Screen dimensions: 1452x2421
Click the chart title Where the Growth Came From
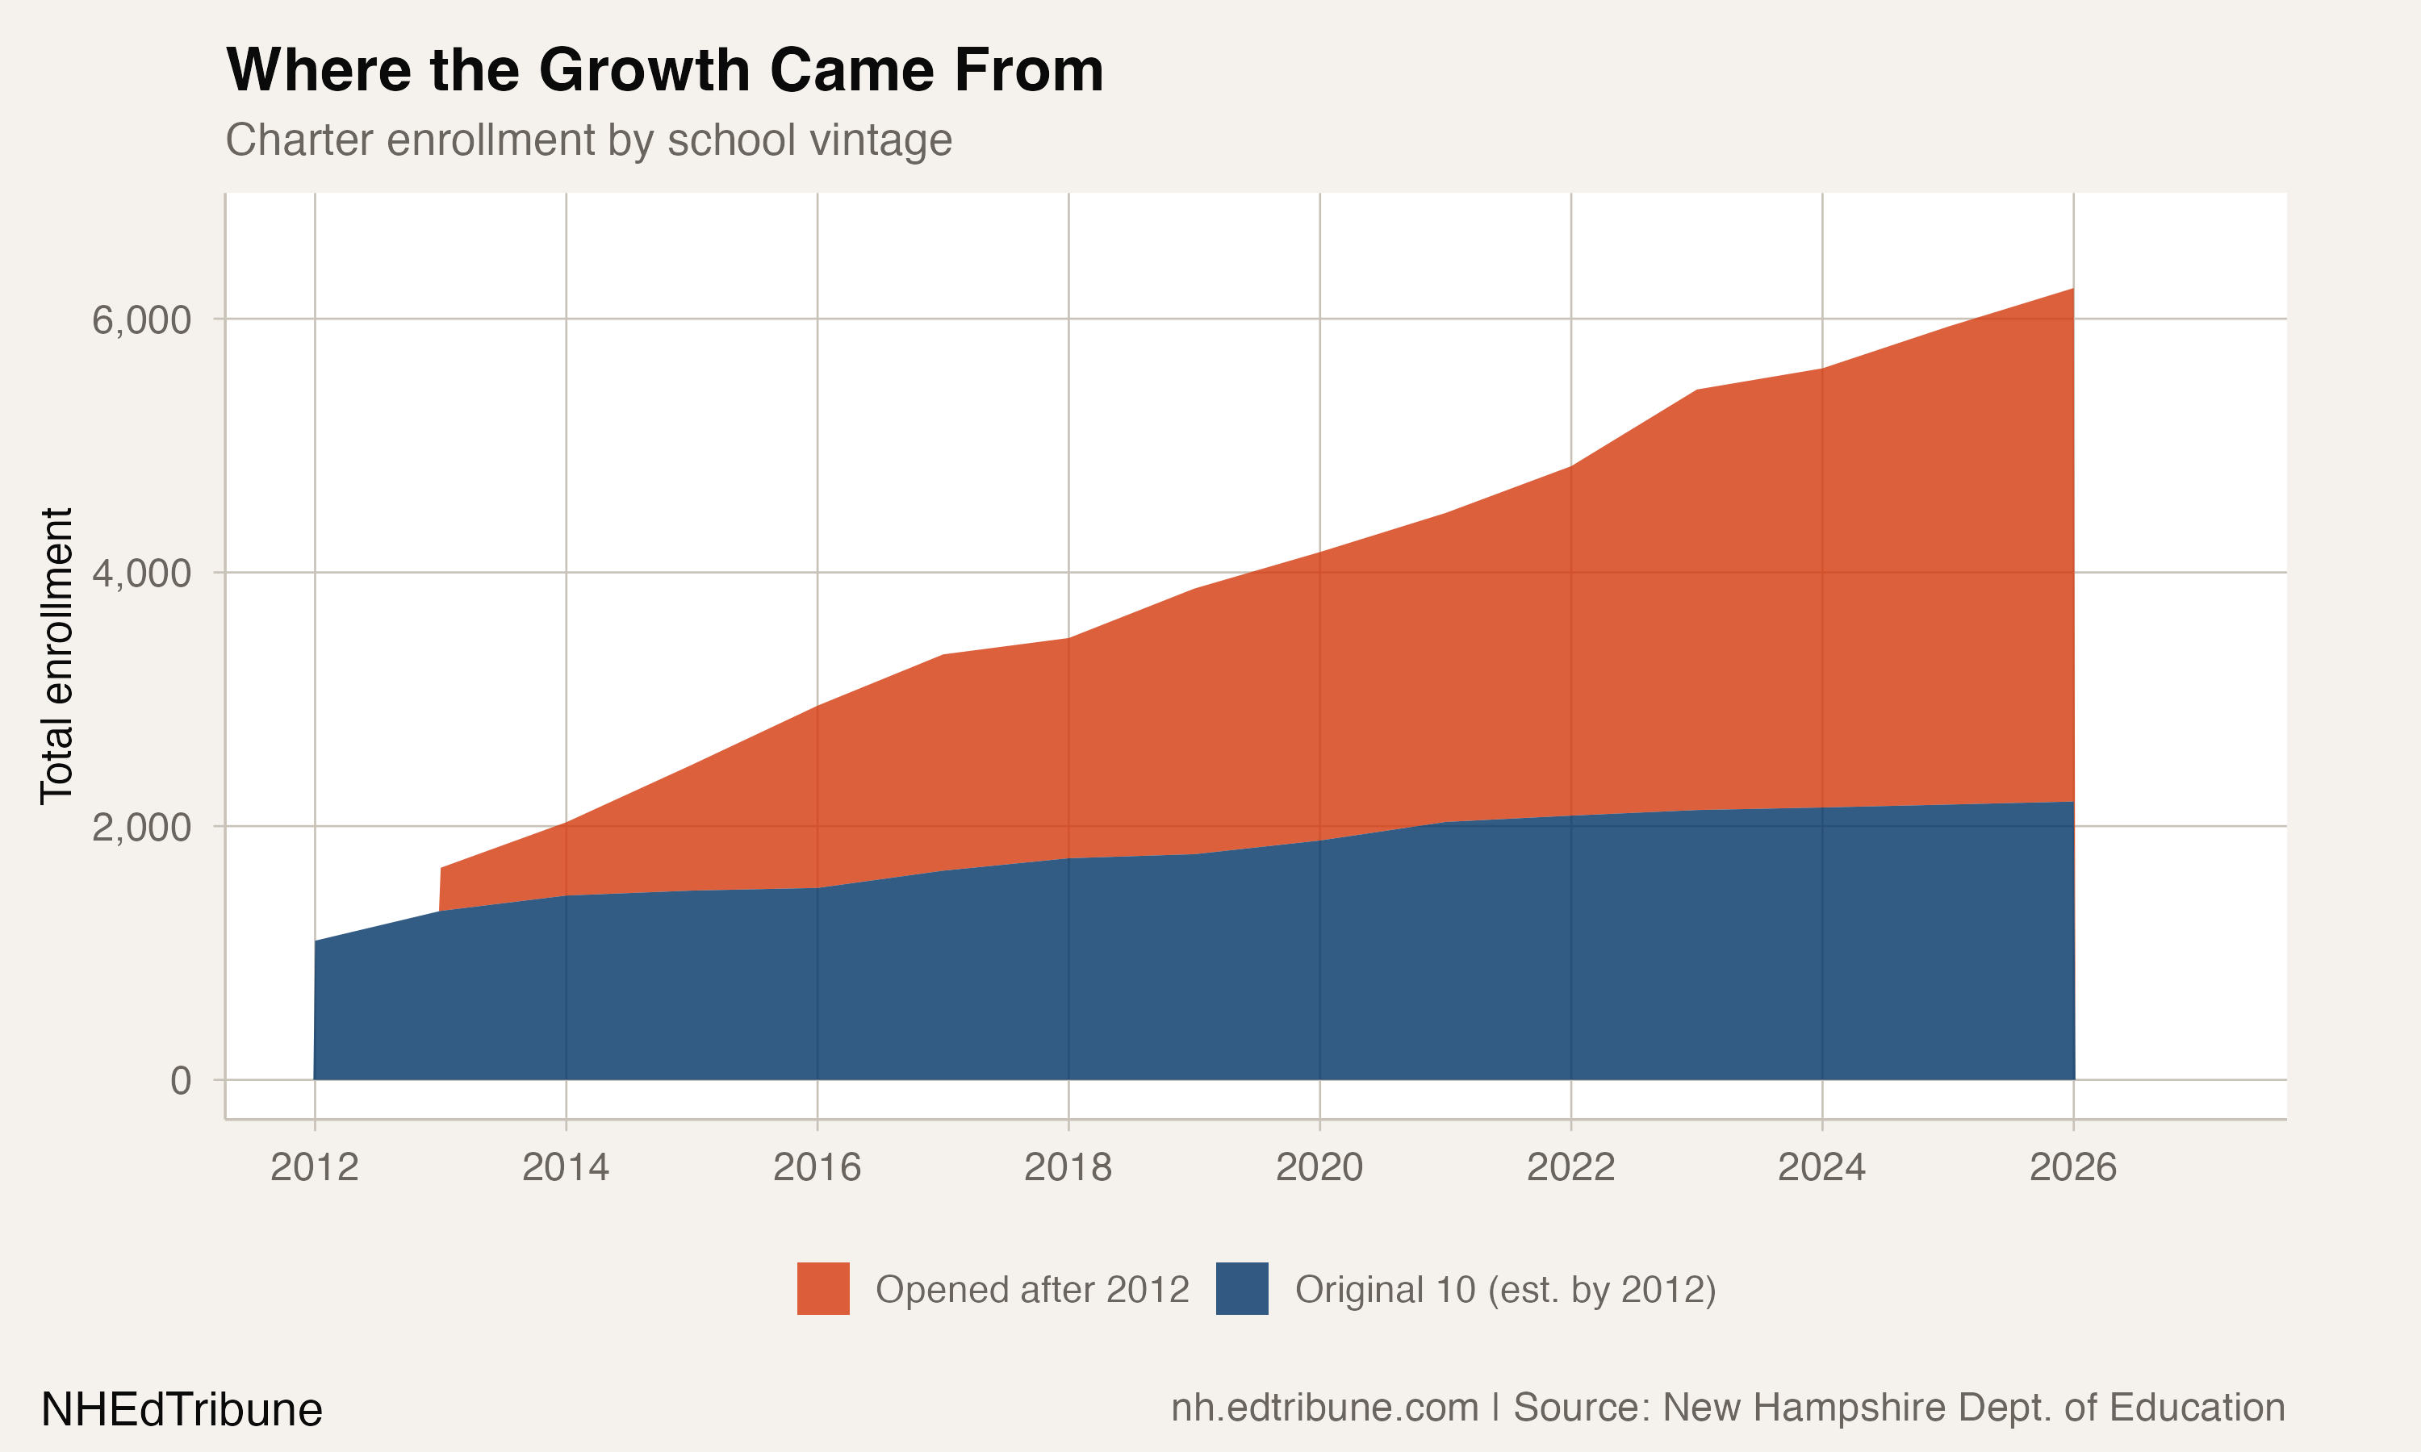(664, 70)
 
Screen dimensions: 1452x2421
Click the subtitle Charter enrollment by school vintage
(588, 140)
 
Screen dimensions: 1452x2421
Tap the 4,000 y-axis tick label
(142, 574)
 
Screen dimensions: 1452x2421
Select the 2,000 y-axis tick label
(142, 828)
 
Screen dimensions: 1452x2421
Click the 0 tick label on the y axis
(181, 1081)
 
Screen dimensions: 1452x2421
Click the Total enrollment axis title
(56, 656)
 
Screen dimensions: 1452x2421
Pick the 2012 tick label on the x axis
(314, 1167)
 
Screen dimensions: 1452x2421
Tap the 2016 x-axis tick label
(817, 1167)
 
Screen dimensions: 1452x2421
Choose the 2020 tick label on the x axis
(1319, 1167)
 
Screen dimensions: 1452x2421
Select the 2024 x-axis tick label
(1821, 1167)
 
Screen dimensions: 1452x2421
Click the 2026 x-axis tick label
(2072, 1167)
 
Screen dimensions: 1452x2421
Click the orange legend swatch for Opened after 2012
(823, 1288)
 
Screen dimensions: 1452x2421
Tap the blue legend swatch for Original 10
(1242, 1288)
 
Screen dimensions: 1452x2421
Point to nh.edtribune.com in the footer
(1324, 1408)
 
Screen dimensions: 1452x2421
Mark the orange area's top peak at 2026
(2072, 290)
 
